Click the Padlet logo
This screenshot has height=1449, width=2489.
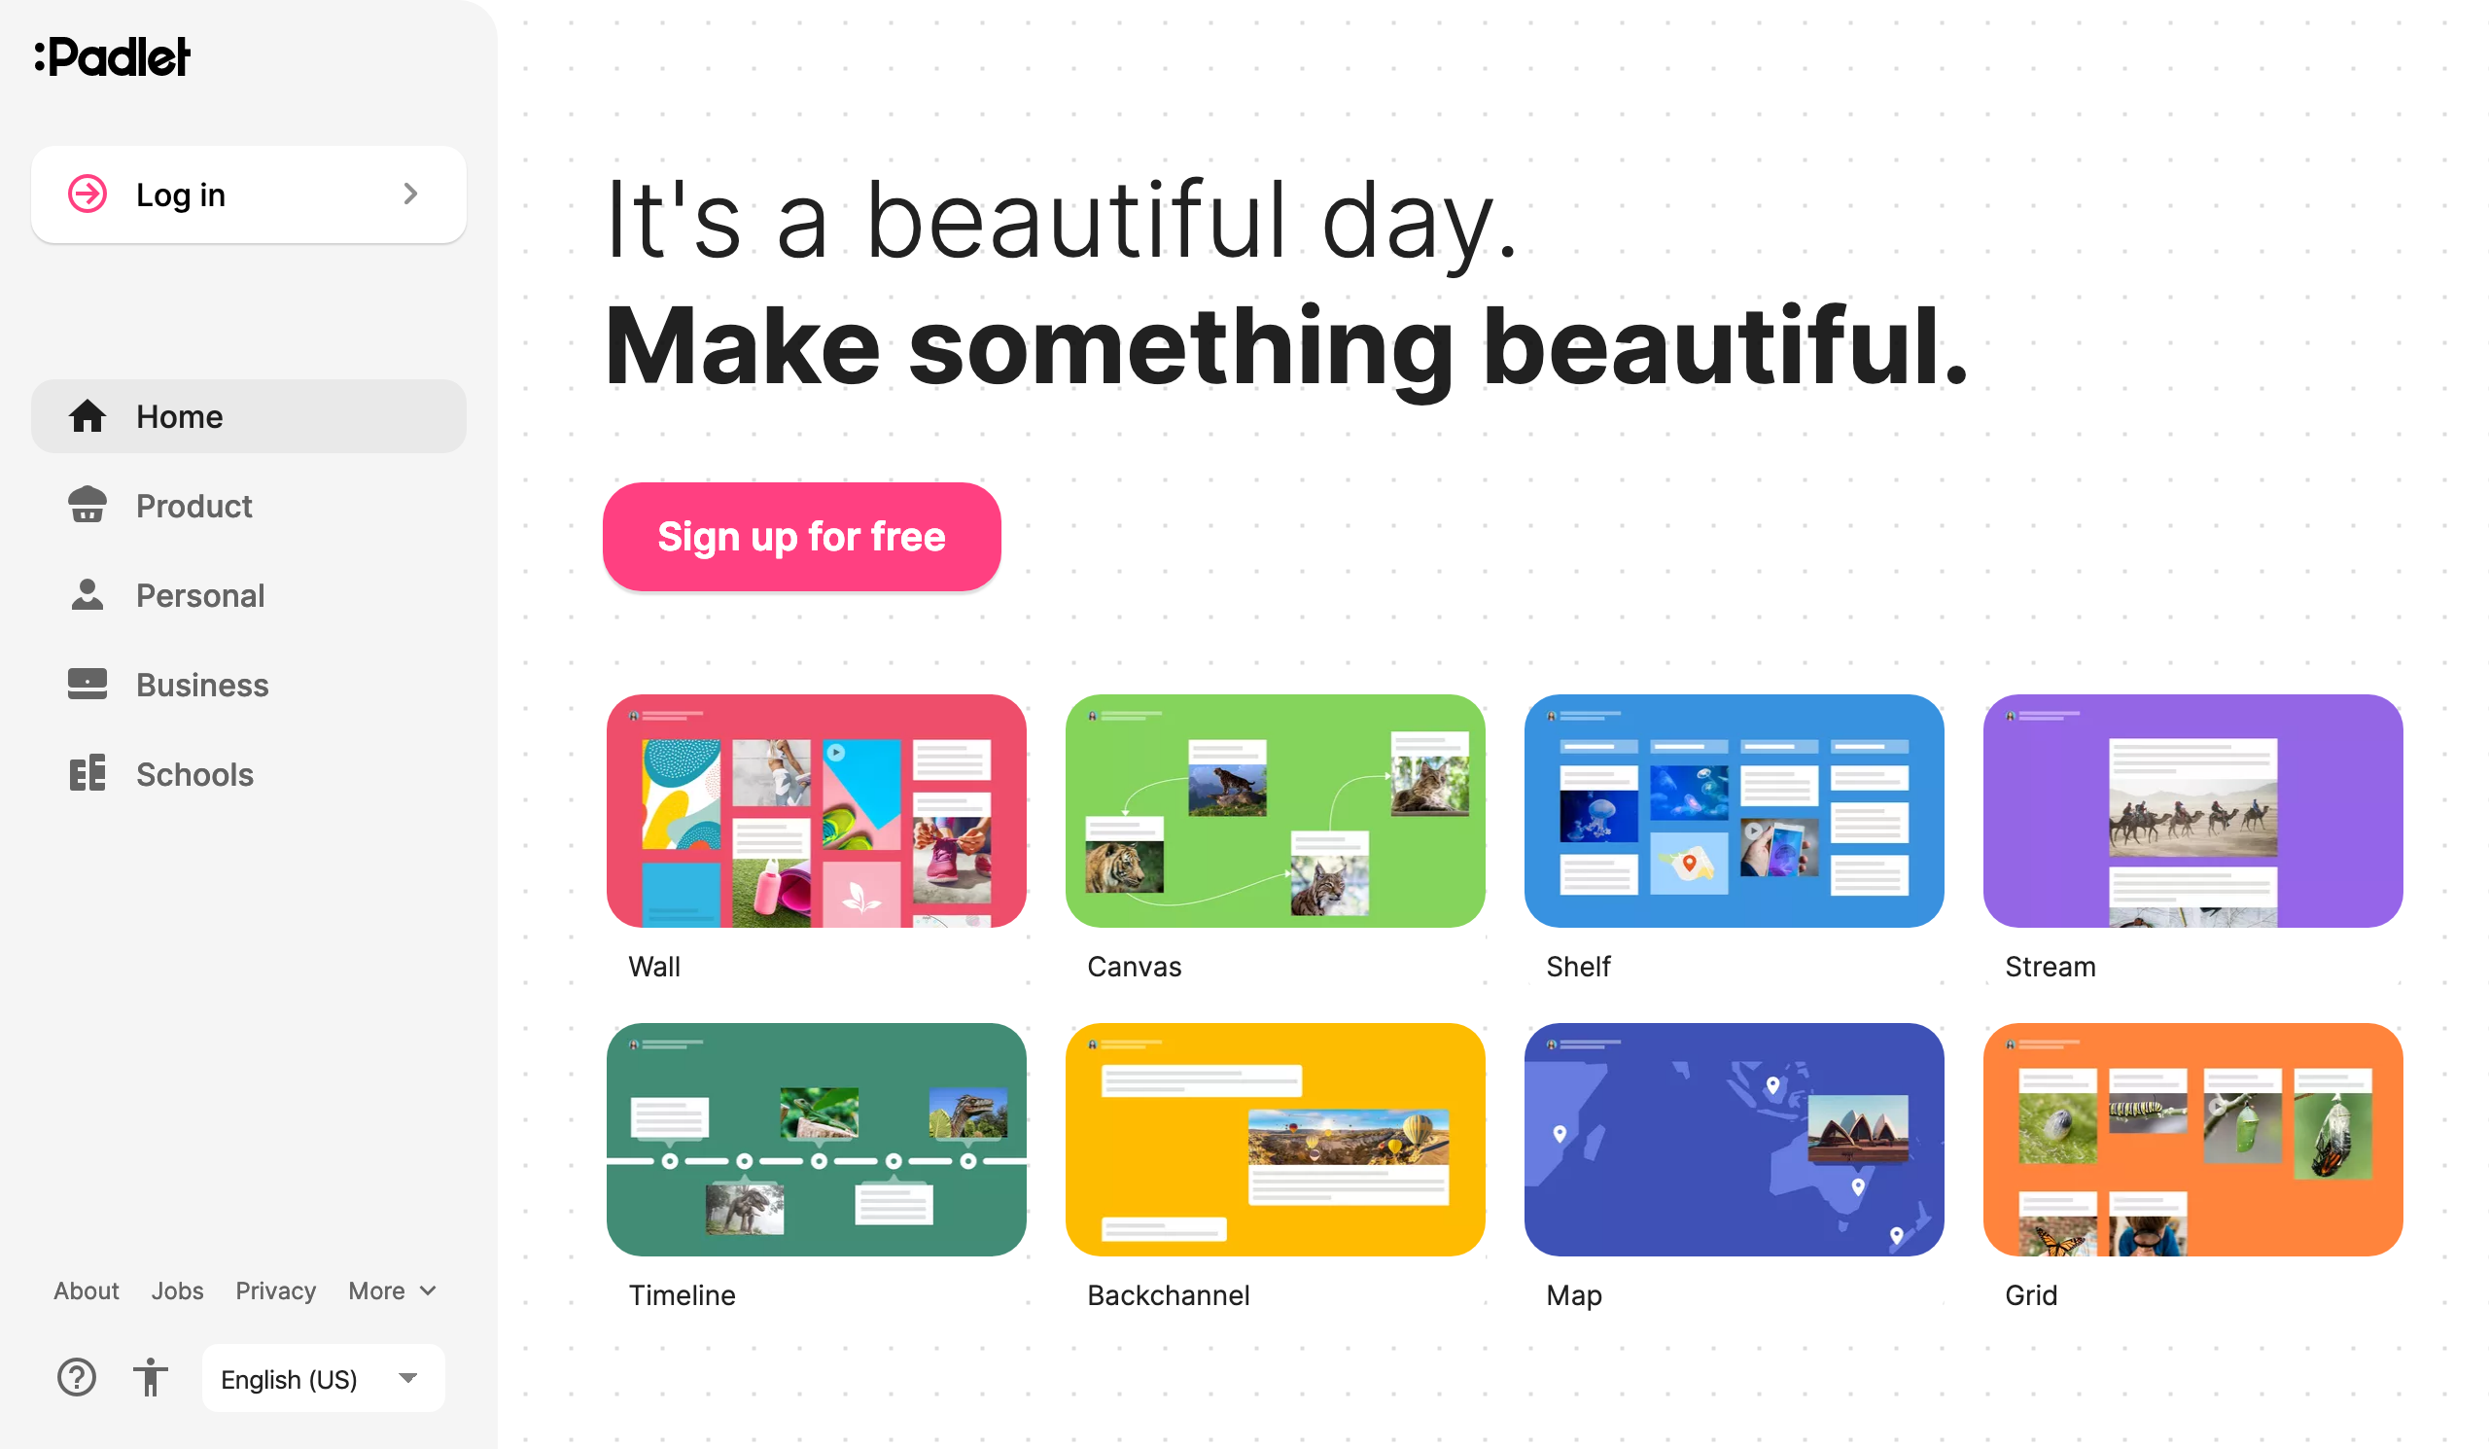click(113, 56)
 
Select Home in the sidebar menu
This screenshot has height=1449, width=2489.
click(248, 416)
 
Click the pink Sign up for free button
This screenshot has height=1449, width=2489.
click(801, 537)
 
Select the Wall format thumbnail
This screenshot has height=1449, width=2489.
click(816, 810)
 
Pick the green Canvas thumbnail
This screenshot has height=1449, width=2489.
click(1275, 810)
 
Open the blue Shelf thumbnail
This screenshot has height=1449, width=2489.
click(1734, 810)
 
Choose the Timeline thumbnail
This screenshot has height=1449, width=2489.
click(816, 1139)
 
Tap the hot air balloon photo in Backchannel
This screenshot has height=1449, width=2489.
click(1349, 1136)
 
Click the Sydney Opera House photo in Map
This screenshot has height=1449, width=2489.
click(1858, 1128)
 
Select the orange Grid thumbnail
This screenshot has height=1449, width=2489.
click(2192, 1139)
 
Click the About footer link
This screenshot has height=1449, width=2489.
click(86, 1290)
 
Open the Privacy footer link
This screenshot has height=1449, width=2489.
click(275, 1290)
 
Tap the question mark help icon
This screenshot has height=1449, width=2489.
click(77, 1377)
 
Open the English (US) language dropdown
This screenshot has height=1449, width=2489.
click(323, 1378)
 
